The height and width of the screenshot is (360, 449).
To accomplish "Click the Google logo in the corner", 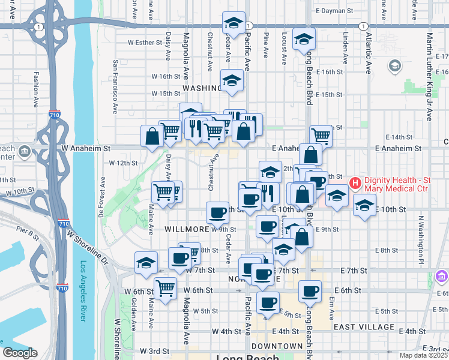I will (20, 353).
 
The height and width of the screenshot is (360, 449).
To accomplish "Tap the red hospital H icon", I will (355, 182).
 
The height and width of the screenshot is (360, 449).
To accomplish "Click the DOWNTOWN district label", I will (277, 346).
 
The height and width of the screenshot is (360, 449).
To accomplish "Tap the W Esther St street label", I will (146, 43).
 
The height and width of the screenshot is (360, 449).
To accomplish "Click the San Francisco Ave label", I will (115, 86).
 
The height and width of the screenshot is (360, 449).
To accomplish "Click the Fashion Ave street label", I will (37, 90).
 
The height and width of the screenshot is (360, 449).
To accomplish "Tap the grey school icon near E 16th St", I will (394, 65).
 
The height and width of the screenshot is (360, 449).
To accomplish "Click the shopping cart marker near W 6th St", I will (165, 287).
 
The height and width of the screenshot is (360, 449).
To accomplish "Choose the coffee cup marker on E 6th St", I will (310, 291).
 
